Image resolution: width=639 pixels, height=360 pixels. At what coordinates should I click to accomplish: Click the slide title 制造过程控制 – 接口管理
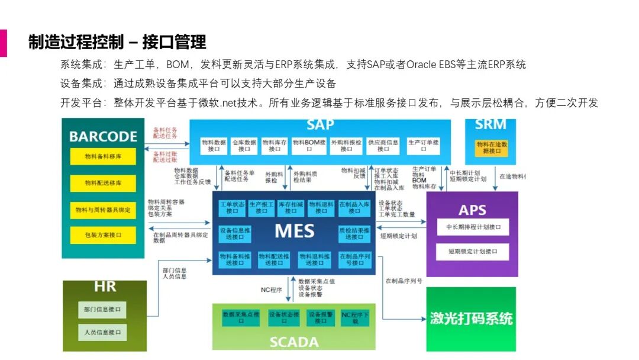pyautogui.click(x=117, y=43)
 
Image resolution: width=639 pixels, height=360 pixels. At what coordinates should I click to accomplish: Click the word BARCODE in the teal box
pyautogui.click(x=103, y=136)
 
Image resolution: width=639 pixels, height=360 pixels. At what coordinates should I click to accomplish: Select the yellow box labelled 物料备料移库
pyautogui.click(x=103, y=157)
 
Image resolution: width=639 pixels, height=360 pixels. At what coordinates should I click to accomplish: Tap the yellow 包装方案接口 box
pyautogui.click(x=103, y=235)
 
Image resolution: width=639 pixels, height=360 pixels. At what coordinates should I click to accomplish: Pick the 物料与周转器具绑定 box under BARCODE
pyautogui.click(x=103, y=209)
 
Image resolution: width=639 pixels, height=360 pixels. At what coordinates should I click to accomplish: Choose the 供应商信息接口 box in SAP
pyautogui.click(x=383, y=146)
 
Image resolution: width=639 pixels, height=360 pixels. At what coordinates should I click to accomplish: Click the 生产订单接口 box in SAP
pyautogui.click(x=422, y=146)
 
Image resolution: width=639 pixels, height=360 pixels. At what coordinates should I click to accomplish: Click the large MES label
pyautogui.click(x=294, y=230)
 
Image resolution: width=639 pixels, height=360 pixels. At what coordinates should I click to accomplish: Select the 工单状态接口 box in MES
pyautogui.click(x=232, y=207)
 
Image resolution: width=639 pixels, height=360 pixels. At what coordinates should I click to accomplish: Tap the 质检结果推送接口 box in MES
pyautogui.click(x=354, y=233)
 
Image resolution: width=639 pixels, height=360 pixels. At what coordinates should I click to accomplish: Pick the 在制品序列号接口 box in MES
pyautogui.click(x=354, y=259)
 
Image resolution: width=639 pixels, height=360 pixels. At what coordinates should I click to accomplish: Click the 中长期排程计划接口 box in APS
pyautogui.click(x=473, y=227)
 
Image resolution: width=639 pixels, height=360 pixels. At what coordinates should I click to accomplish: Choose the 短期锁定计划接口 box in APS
pyautogui.click(x=473, y=252)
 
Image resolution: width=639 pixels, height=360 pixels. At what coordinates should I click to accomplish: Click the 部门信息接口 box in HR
pyautogui.click(x=102, y=309)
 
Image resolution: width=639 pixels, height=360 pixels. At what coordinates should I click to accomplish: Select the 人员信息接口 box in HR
pyautogui.click(x=102, y=332)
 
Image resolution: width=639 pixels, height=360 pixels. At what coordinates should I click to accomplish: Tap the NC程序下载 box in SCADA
pyautogui.click(x=356, y=318)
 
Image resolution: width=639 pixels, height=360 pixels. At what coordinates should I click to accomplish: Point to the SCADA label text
pyautogui.click(x=294, y=342)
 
